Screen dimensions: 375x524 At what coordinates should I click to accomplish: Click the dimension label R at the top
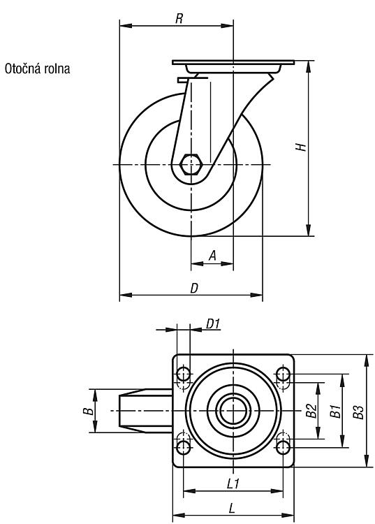[x=179, y=19]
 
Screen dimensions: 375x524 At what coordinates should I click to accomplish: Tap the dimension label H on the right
[x=301, y=147]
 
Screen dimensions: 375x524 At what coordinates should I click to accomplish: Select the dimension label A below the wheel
[x=212, y=256]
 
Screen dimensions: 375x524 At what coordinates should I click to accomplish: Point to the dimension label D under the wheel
[x=194, y=288]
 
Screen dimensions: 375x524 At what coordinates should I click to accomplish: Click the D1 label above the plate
[x=212, y=323]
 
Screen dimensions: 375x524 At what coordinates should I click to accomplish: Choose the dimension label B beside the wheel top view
[x=88, y=411]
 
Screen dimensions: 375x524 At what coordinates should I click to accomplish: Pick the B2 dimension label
[x=311, y=411]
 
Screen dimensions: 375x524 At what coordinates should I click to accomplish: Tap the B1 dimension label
[x=335, y=411]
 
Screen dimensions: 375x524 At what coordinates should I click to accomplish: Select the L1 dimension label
[x=233, y=483]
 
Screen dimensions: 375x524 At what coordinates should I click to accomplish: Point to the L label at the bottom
[x=232, y=509]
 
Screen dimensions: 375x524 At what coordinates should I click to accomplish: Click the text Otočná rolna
[x=38, y=69]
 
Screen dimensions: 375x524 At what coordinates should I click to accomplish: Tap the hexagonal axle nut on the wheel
[x=190, y=164]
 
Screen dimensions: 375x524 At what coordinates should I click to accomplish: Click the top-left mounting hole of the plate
[x=184, y=374]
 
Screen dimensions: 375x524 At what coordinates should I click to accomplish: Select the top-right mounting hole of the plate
[x=283, y=374]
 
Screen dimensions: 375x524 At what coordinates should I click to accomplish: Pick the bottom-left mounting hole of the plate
[x=184, y=447]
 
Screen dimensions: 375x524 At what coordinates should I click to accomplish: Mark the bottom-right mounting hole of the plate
[x=283, y=447]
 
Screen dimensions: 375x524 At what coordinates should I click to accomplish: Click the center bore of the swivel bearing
[x=233, y=411]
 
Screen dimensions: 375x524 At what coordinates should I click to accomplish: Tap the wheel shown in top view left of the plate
[x=146, y=411]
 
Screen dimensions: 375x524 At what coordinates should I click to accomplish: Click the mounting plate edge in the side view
[x=233, y=62]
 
